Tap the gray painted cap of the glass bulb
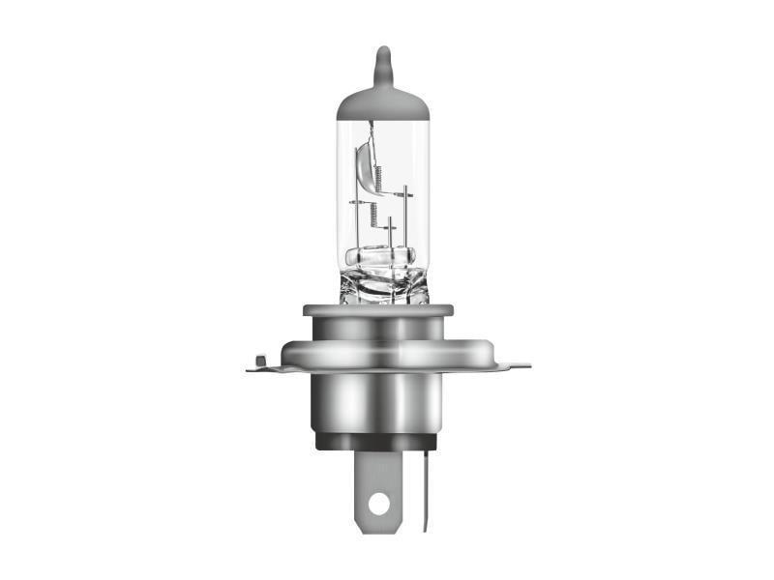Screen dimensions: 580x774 pyautogui.click(x=382, y=101)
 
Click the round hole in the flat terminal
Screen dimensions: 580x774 pyautogui.click(x=379, y=503)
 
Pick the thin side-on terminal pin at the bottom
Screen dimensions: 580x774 pyautogui.click(x=424, y=488)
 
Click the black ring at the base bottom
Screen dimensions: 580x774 pyautogui.click(x=378, y=441)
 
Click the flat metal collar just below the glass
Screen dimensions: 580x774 pyautogui.click(x=378, y=310)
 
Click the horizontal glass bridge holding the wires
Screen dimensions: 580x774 pyautogui.click(x=380, y=257)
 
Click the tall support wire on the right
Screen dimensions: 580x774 pyautogui.click(x=404, y=217)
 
